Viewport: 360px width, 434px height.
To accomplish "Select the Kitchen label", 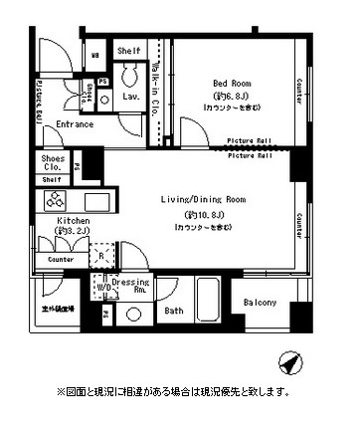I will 48,221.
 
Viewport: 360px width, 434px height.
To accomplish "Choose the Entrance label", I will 75,124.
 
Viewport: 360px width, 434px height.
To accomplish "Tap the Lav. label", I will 130,97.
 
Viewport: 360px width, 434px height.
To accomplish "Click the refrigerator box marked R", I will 104,255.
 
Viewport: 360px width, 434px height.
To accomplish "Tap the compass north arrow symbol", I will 287,360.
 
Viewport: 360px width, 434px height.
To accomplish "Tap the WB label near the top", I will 95,55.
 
